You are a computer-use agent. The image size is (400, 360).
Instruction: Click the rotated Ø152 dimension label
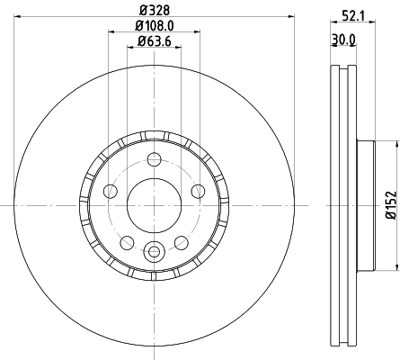[x=390, y=204]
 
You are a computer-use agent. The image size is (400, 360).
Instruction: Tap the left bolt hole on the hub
[x=111, y=191]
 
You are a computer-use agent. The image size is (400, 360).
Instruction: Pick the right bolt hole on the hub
[x=198, y=191]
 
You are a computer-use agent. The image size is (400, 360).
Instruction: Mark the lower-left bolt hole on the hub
[x=127, y=242]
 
